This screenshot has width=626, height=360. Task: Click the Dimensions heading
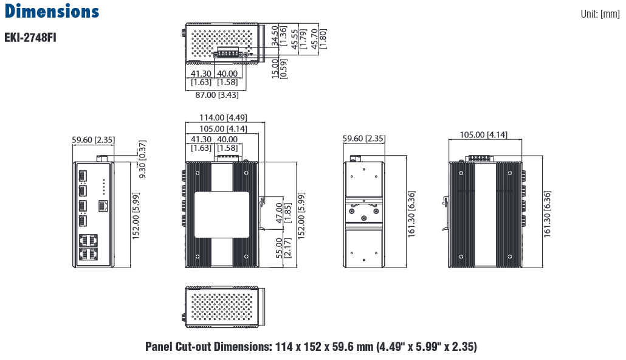tap(52, 11)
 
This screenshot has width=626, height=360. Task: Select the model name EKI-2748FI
tap(30, 38)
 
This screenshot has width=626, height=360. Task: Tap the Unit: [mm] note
tap(600, 14)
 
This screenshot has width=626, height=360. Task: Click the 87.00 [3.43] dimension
tap(217, 95)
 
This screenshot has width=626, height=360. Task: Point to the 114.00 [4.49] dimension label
tap(223, 117)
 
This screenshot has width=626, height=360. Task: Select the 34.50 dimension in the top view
tap(275, 35)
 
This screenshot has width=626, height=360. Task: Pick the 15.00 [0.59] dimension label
tap(279, 69)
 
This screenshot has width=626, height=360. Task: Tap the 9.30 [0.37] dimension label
tap(142, 159)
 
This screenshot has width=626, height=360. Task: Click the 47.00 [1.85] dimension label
tap(283, 213)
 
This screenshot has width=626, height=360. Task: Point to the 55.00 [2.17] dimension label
tap(283, 248)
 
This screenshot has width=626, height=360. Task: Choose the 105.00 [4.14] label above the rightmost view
tap(483, 134)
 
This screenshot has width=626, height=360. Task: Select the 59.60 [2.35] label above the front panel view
tap(93, 140)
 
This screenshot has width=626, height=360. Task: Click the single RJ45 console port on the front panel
tap(103, 206)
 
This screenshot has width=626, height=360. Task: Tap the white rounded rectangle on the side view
tap(222, 215)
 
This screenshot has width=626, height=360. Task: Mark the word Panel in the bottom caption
tap(159, 347)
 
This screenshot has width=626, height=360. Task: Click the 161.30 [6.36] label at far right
tap(547, 214)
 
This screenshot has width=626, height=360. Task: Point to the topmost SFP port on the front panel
tap(83, 176)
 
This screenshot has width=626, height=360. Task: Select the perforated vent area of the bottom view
tap(221, 307)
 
